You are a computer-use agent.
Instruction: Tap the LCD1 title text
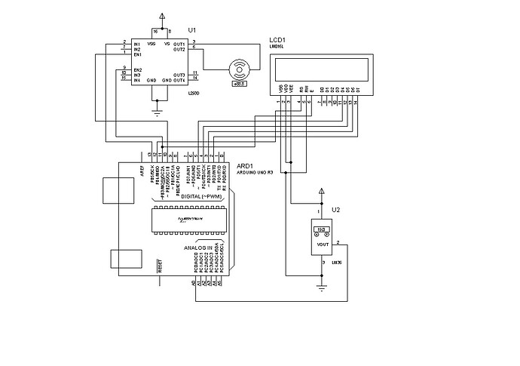[x=278, y=40]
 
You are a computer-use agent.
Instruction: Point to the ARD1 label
[x=246, y=165]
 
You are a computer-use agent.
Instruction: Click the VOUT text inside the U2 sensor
[x=321, y=244]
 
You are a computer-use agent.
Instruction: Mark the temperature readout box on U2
[x=320, y=229]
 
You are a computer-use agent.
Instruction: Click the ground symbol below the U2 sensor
[x=322, y=287]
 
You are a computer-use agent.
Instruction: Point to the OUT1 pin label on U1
[x=179, y=44]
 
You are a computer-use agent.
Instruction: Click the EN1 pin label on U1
[x=138, y=55]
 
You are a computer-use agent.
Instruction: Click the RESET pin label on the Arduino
[x=160, y=266]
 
